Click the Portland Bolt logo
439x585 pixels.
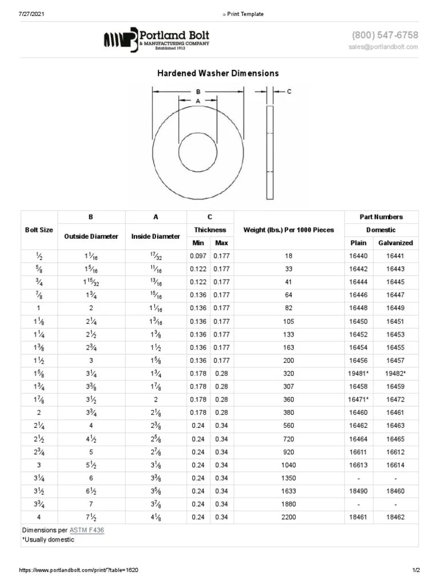coord(156,39)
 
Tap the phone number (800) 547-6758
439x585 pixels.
coord(385,35)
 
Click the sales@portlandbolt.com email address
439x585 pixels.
coord(383,47)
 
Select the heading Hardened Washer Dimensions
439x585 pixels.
coord(218,73)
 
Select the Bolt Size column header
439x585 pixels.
coord(39,230)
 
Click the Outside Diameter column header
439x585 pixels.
coord(91,237)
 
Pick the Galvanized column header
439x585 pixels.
coord(396,243)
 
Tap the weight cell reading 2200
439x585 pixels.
coord(289,517)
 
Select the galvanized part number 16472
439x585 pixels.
coord(396,399)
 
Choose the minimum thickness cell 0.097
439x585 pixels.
coord(198,256)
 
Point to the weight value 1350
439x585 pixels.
coord(289,478)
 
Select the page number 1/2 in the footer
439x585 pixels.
coord(416,571)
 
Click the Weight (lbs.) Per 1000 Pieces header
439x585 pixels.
coord(289,230)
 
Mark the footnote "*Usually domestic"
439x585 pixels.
coord(48,540)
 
